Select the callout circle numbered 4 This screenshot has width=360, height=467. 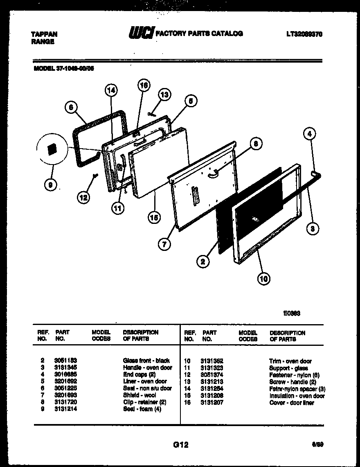[x=310, y=134]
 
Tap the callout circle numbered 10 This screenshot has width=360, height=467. [x=263, y=279]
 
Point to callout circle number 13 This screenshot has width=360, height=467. [x=164, y=95]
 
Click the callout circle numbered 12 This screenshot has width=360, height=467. [x=84, y=198]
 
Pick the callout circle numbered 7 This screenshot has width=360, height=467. [x=164, y=245]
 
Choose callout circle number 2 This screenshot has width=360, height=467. [x=202, y=261]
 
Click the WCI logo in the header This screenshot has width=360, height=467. [x=140, y=33]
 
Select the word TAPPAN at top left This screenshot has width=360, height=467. [x=44, y=34]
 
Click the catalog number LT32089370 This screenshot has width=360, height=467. [x=304, y=34]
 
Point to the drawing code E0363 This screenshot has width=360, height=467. [x=292, y=314]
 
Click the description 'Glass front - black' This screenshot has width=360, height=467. [x=146, y=361]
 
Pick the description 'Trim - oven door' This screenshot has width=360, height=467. [x=290, y=361]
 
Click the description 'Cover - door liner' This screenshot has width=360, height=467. [x=291, y=403]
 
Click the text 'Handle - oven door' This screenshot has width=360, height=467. [x=147, y=368]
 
